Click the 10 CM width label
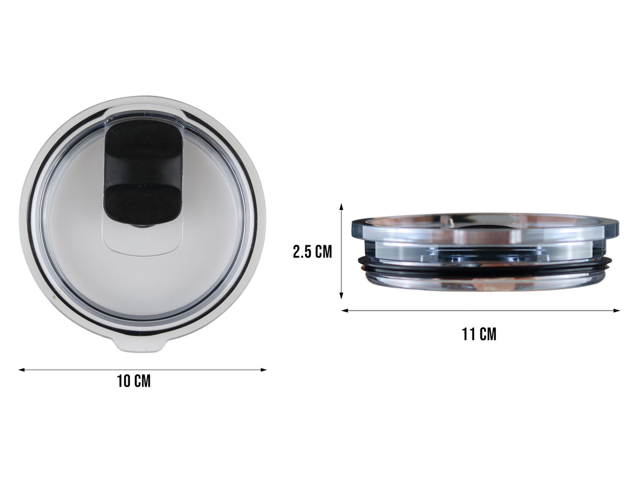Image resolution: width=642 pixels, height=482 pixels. point(134,381)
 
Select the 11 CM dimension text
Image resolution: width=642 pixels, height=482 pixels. point(479,335)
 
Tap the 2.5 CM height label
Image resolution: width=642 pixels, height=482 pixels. point(312,252)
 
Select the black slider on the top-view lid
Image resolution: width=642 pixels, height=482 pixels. point(141,171)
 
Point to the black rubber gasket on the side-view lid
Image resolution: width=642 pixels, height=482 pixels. point(481,266)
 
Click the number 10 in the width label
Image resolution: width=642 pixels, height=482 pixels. point(124,381)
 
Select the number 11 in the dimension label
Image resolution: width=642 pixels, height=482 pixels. point(469,335)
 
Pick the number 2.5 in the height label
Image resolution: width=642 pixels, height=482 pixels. point(303,252)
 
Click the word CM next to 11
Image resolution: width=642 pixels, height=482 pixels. point(487,335)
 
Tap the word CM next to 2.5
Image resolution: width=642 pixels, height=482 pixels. point(324,252)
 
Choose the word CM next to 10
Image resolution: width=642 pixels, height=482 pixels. point(142,381)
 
